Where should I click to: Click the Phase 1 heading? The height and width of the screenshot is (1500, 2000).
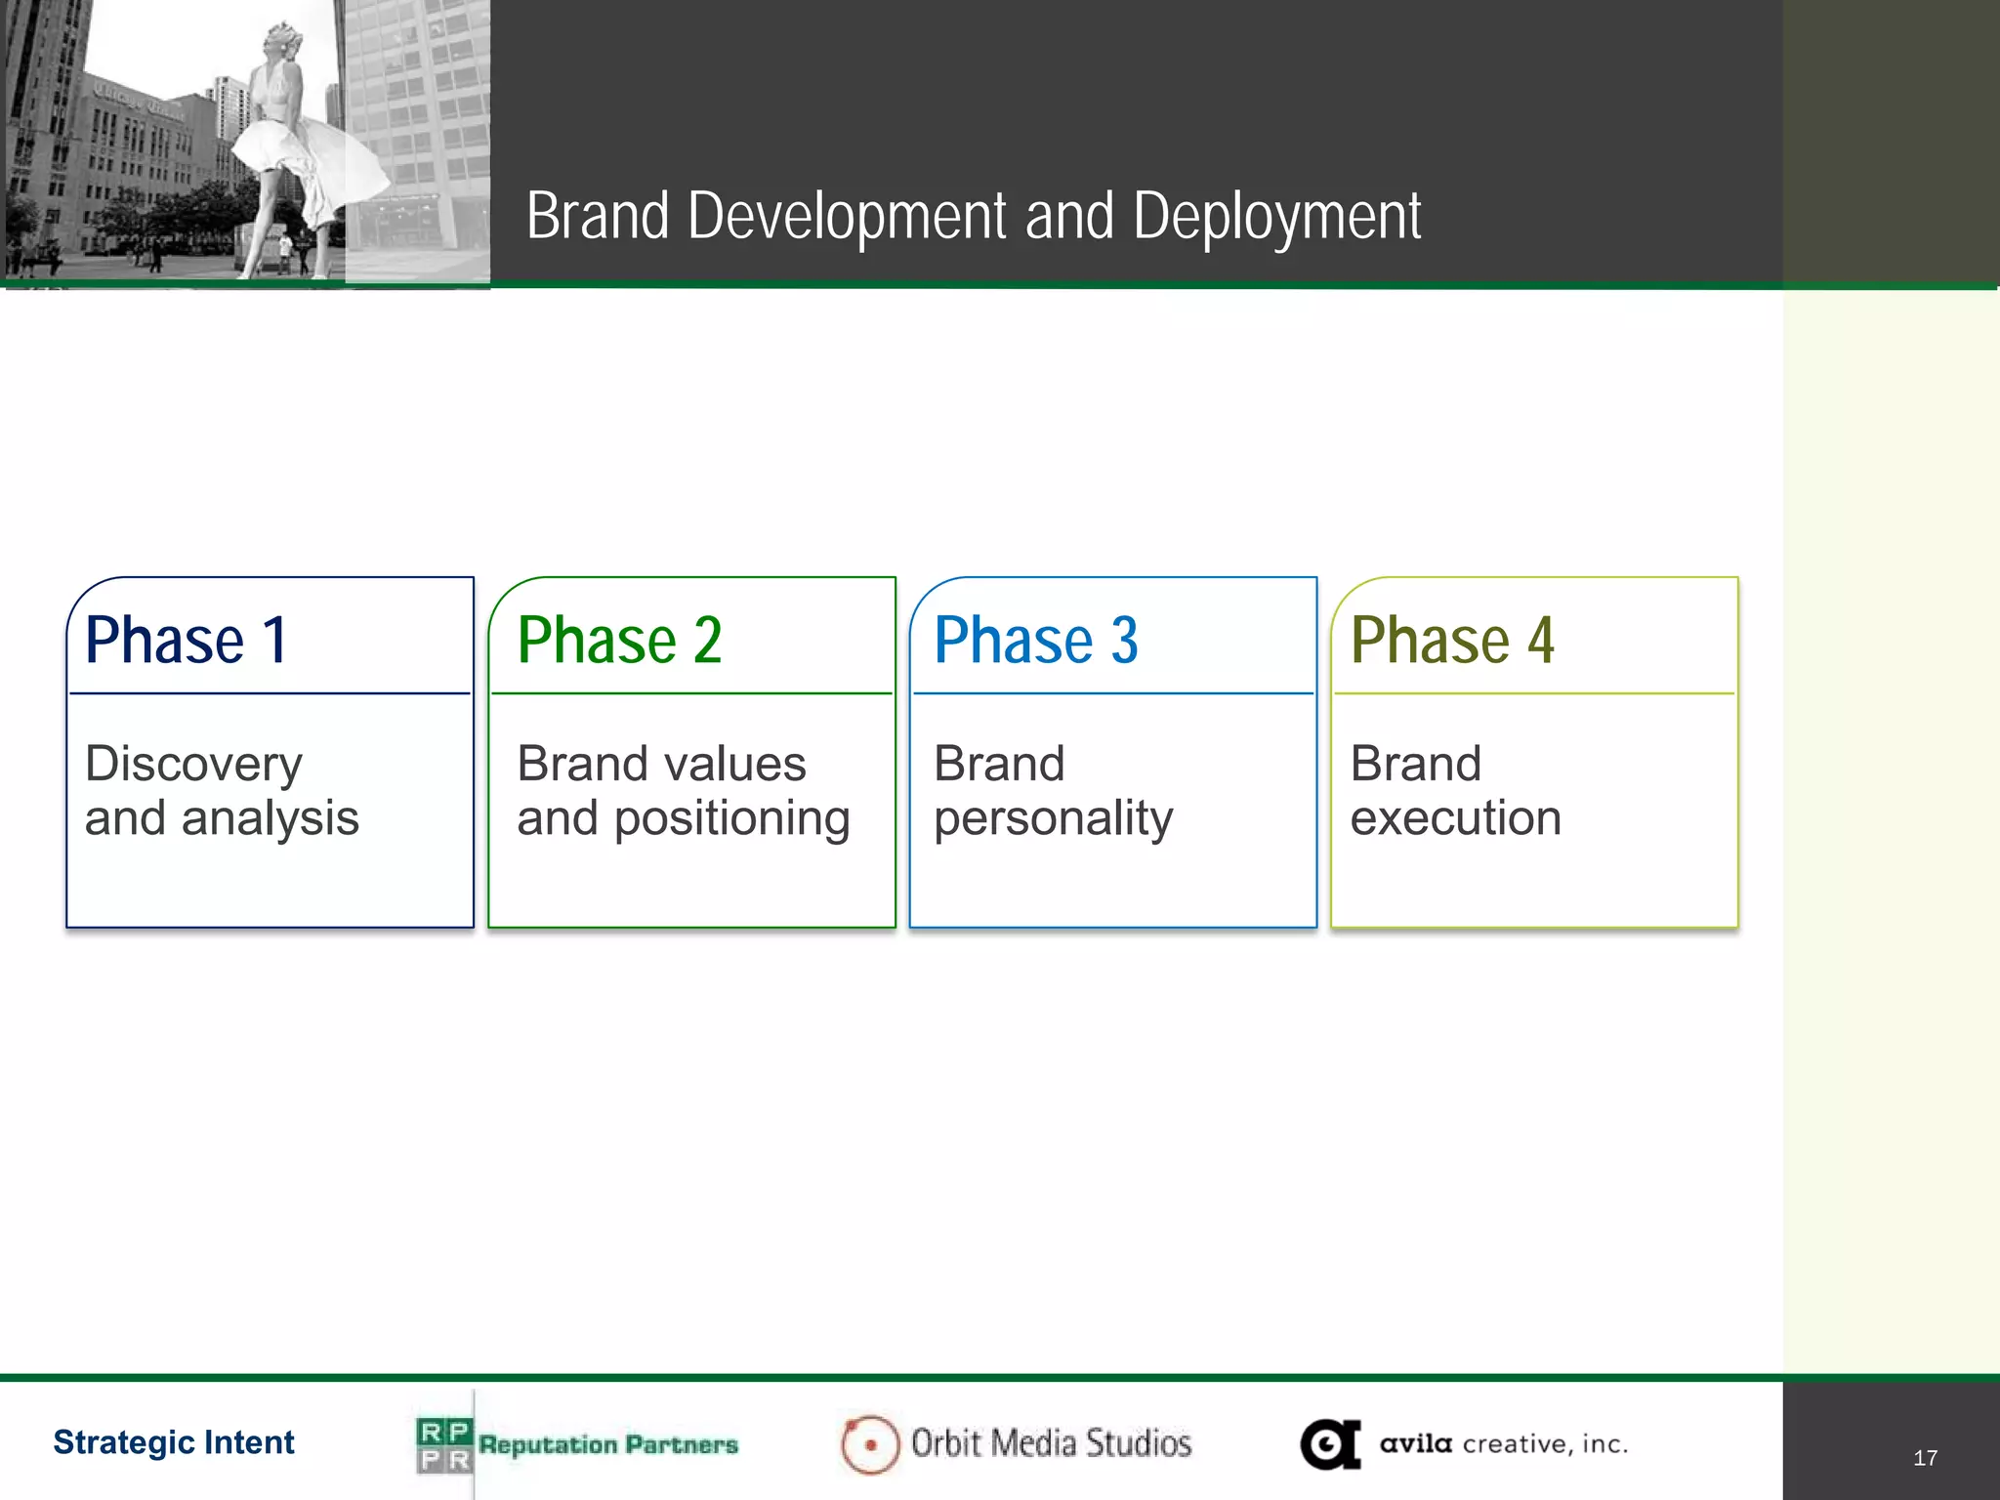click(187, 641)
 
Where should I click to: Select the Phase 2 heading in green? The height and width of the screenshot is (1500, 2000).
click(619, 641)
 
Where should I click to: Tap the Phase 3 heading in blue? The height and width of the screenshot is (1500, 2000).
click(1035, 641)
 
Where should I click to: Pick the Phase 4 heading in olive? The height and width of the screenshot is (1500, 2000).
click(1452, 641)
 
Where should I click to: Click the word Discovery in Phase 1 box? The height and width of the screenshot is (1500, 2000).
click(193, 765)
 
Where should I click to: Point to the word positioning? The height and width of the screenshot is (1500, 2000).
click(731, 819)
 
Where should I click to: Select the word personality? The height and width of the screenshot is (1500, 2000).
click(1053, 819)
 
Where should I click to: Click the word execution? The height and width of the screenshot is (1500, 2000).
click(1455, 818)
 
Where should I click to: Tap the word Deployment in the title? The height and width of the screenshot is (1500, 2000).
click(1276, 217)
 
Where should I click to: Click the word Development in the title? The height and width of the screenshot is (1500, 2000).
click(846, 217)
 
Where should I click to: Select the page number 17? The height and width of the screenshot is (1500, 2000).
click(1925, 1458)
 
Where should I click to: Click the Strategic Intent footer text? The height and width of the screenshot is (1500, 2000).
click(174, 1442)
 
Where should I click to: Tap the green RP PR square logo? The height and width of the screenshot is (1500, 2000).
click(444, 1445)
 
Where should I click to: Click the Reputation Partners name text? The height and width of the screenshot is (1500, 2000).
click(607, 1444)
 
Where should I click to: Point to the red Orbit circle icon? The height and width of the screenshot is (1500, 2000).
click(869, 1444)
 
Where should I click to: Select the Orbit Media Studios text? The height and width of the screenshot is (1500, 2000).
click(1051, 1443)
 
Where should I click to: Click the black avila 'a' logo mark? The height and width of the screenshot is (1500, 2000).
click(1330, 1444)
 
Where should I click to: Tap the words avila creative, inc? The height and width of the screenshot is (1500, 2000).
click(1503, 1443)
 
